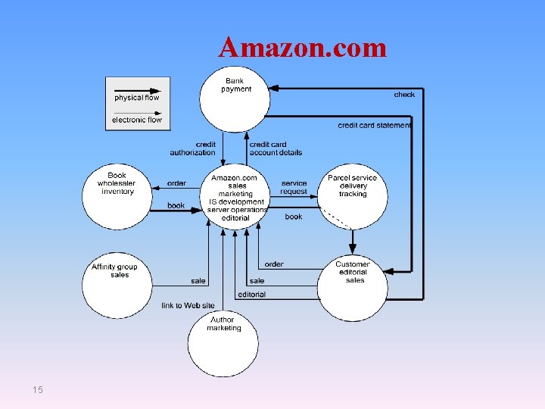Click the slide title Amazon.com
tap(302, 48)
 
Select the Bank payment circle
tap(235, 98)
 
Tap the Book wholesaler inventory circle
tap(117, 195)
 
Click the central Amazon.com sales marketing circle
tap(234, 195)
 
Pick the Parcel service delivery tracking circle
tap(352, 195)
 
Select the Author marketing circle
tap(223, 342)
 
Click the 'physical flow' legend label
tap(137, 98)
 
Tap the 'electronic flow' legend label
tap(137, 120)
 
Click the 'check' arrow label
tap(404, 95)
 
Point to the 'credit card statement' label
tap(375, 125)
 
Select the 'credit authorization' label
tap(193, 148)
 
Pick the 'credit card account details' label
tap(276, 148)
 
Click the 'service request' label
tap(294, 187)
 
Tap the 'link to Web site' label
tap(188, 306)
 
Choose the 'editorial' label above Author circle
tap(252, 295)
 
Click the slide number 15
tap(38, 389)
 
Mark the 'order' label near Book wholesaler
tap(176, 183)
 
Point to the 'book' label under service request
tap(294, 217)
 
